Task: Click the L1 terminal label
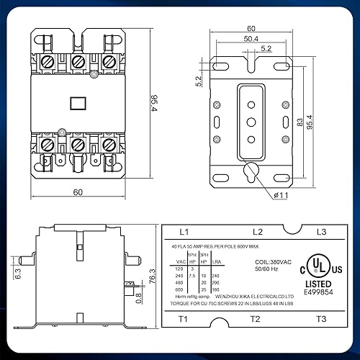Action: (x=183, y=232)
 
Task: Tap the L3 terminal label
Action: (x=321, y=232)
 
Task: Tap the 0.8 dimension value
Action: (x=138, y=293)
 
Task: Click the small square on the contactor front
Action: (x=77, y=102)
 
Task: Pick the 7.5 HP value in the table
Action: (x=190, y=275)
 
